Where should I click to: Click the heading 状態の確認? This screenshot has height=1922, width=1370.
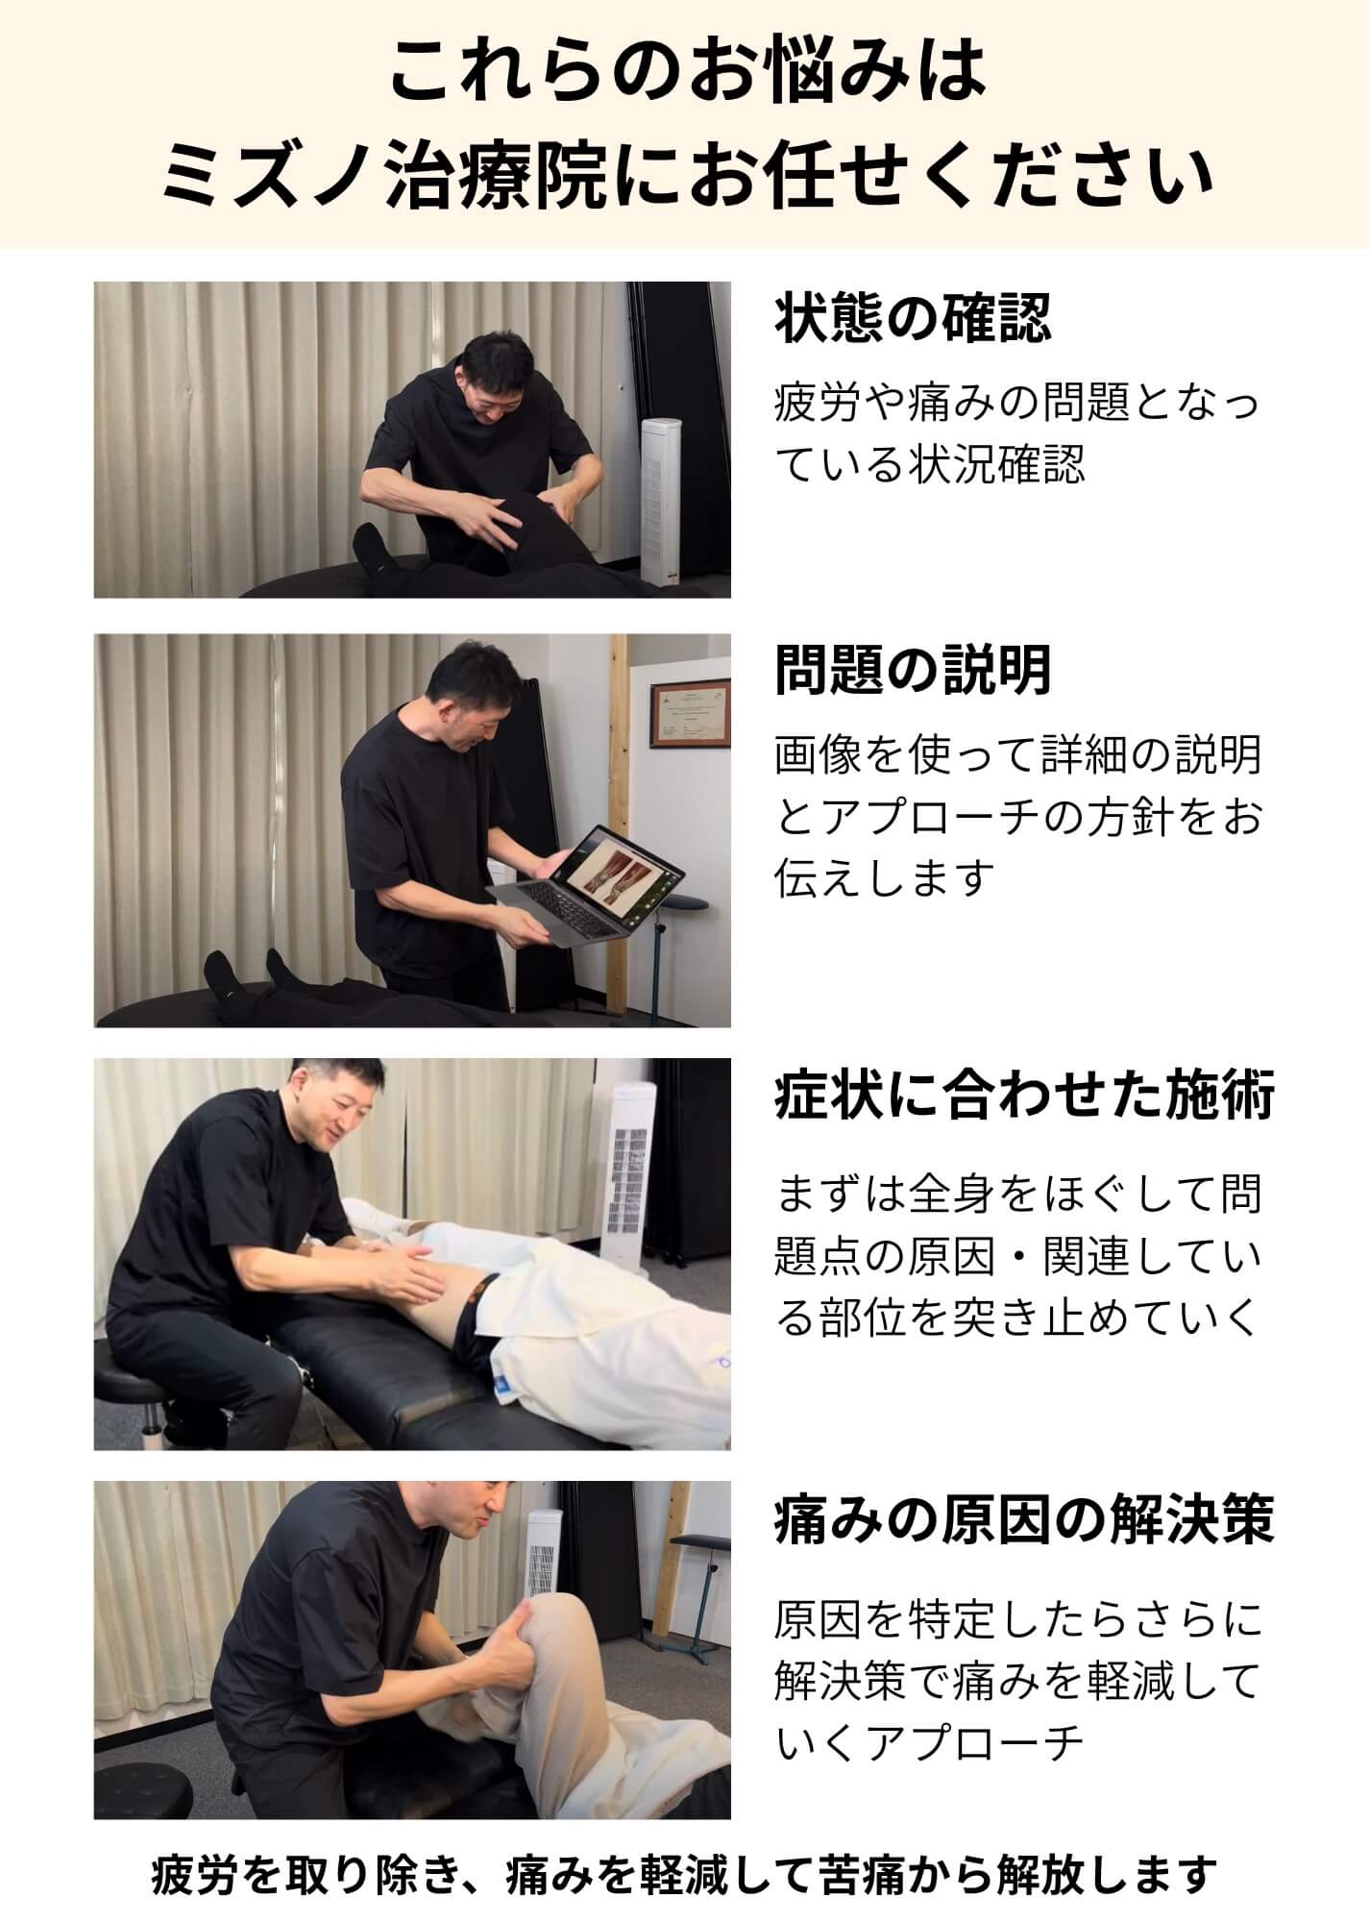coord(913,319)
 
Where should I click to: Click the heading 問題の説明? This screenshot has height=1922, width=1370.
coord(913,670)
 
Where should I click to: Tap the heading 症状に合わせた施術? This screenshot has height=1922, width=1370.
coord(1024,1097)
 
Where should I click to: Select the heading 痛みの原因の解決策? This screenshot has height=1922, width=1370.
coord(1024,1520)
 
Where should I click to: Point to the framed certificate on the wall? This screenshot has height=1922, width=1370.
coord(691,715)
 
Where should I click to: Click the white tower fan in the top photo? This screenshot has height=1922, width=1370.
coord(662,500)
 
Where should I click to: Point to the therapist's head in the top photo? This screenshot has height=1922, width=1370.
coord(495,376)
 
